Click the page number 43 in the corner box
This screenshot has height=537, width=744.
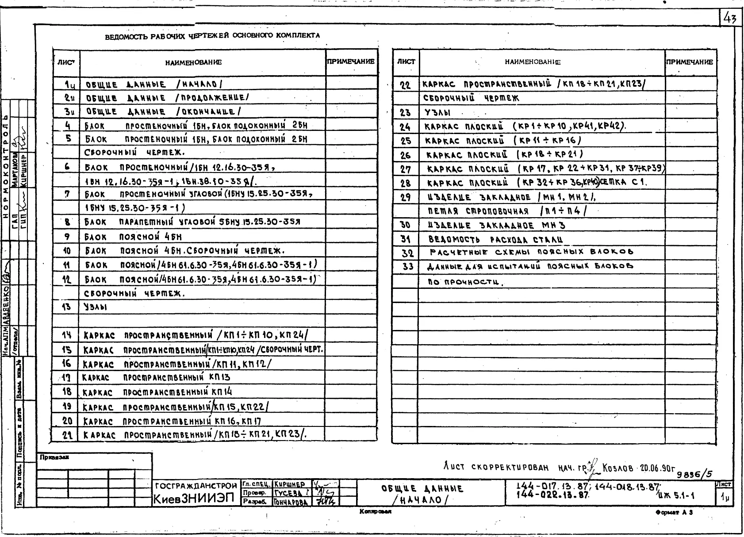pos(730,19)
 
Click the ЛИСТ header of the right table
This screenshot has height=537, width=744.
pos(406,62)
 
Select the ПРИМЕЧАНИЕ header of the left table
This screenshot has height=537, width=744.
pos(351,62)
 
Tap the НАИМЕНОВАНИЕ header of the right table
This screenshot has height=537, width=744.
pos(533,62)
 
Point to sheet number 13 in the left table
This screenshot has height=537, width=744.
pos(66,307)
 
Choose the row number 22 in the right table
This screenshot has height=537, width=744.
pos(405,85)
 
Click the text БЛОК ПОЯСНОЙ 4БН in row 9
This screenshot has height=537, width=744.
pos(133,237)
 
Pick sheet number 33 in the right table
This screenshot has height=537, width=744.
pos(407,266)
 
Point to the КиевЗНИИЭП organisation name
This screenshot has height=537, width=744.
pos(193,499)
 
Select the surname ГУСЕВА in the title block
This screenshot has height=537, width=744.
pos(288,493)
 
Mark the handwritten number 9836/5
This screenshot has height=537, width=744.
pos(694,474)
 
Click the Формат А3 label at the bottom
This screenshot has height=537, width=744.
pos(674,512)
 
